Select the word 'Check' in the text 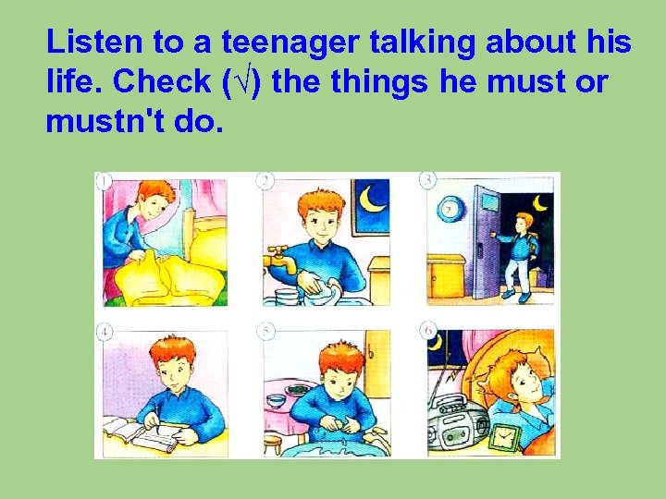click(x=161, y=82)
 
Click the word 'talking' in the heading click(x=428, y=43)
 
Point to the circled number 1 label click(x=105, y=181)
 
